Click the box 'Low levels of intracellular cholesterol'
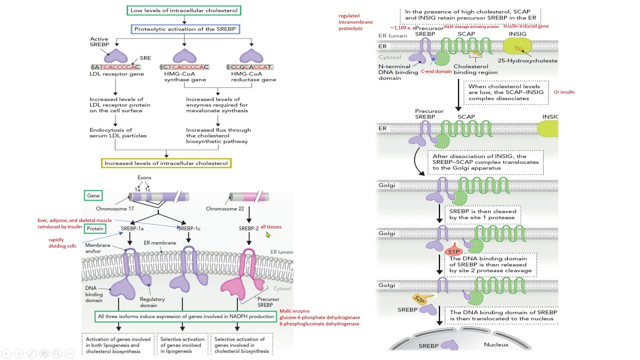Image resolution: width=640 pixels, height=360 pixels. (x=184, y=10)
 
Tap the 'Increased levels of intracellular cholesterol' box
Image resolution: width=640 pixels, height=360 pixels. (x=166, y=163)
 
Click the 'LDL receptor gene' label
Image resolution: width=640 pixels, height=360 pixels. (x=116, y=74)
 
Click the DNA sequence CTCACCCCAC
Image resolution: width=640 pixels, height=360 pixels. (x=184, y=67)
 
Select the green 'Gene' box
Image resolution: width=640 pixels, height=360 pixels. (x=93, y=196)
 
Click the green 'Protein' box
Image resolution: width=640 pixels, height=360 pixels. (x=95, y=228)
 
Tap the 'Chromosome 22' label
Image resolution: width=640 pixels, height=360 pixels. (x=224, y=208)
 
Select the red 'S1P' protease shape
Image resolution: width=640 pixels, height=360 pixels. (x=453, y=251)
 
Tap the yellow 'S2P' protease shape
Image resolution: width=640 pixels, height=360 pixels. (x=421, y=299)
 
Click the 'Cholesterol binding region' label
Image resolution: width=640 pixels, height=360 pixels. (x=475, y=69)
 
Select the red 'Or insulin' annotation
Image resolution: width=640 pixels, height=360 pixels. (x=564, y=92)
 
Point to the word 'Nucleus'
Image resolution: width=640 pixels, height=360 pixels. (x=495, y=344)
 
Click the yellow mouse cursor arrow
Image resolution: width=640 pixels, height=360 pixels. (x=268, y=234)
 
